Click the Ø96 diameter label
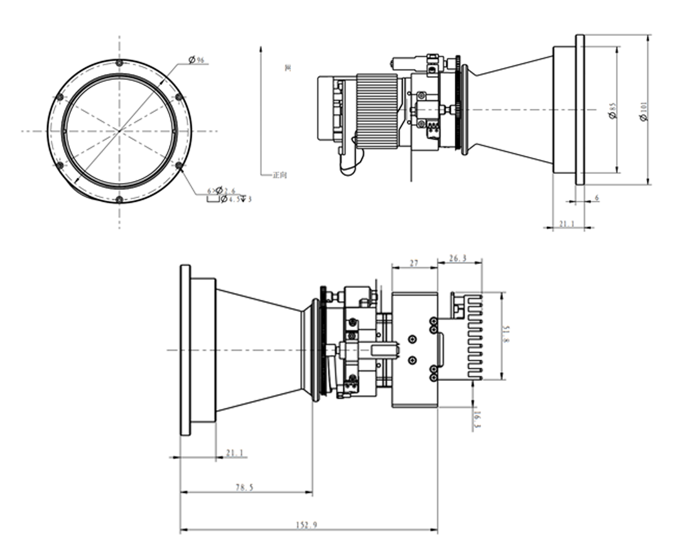click(197, 60)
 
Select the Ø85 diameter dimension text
click(612, 111)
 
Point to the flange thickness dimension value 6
click(596, 197)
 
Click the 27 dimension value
click(414, 264)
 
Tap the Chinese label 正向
click(279, 175)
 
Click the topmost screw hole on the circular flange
click(119, 63)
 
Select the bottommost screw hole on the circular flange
click(119, 200)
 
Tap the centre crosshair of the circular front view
click(119, 131)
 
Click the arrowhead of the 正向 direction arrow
click(261, 47)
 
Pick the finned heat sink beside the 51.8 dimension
click(474, 336)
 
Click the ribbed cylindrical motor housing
click(377, 112)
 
